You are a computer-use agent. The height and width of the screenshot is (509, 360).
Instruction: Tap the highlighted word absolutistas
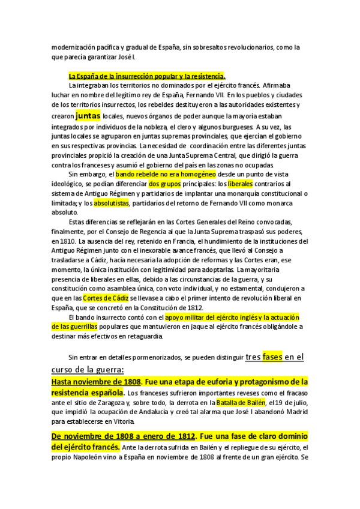point(111,203)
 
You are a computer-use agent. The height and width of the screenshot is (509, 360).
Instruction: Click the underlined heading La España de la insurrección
point(147,76)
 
